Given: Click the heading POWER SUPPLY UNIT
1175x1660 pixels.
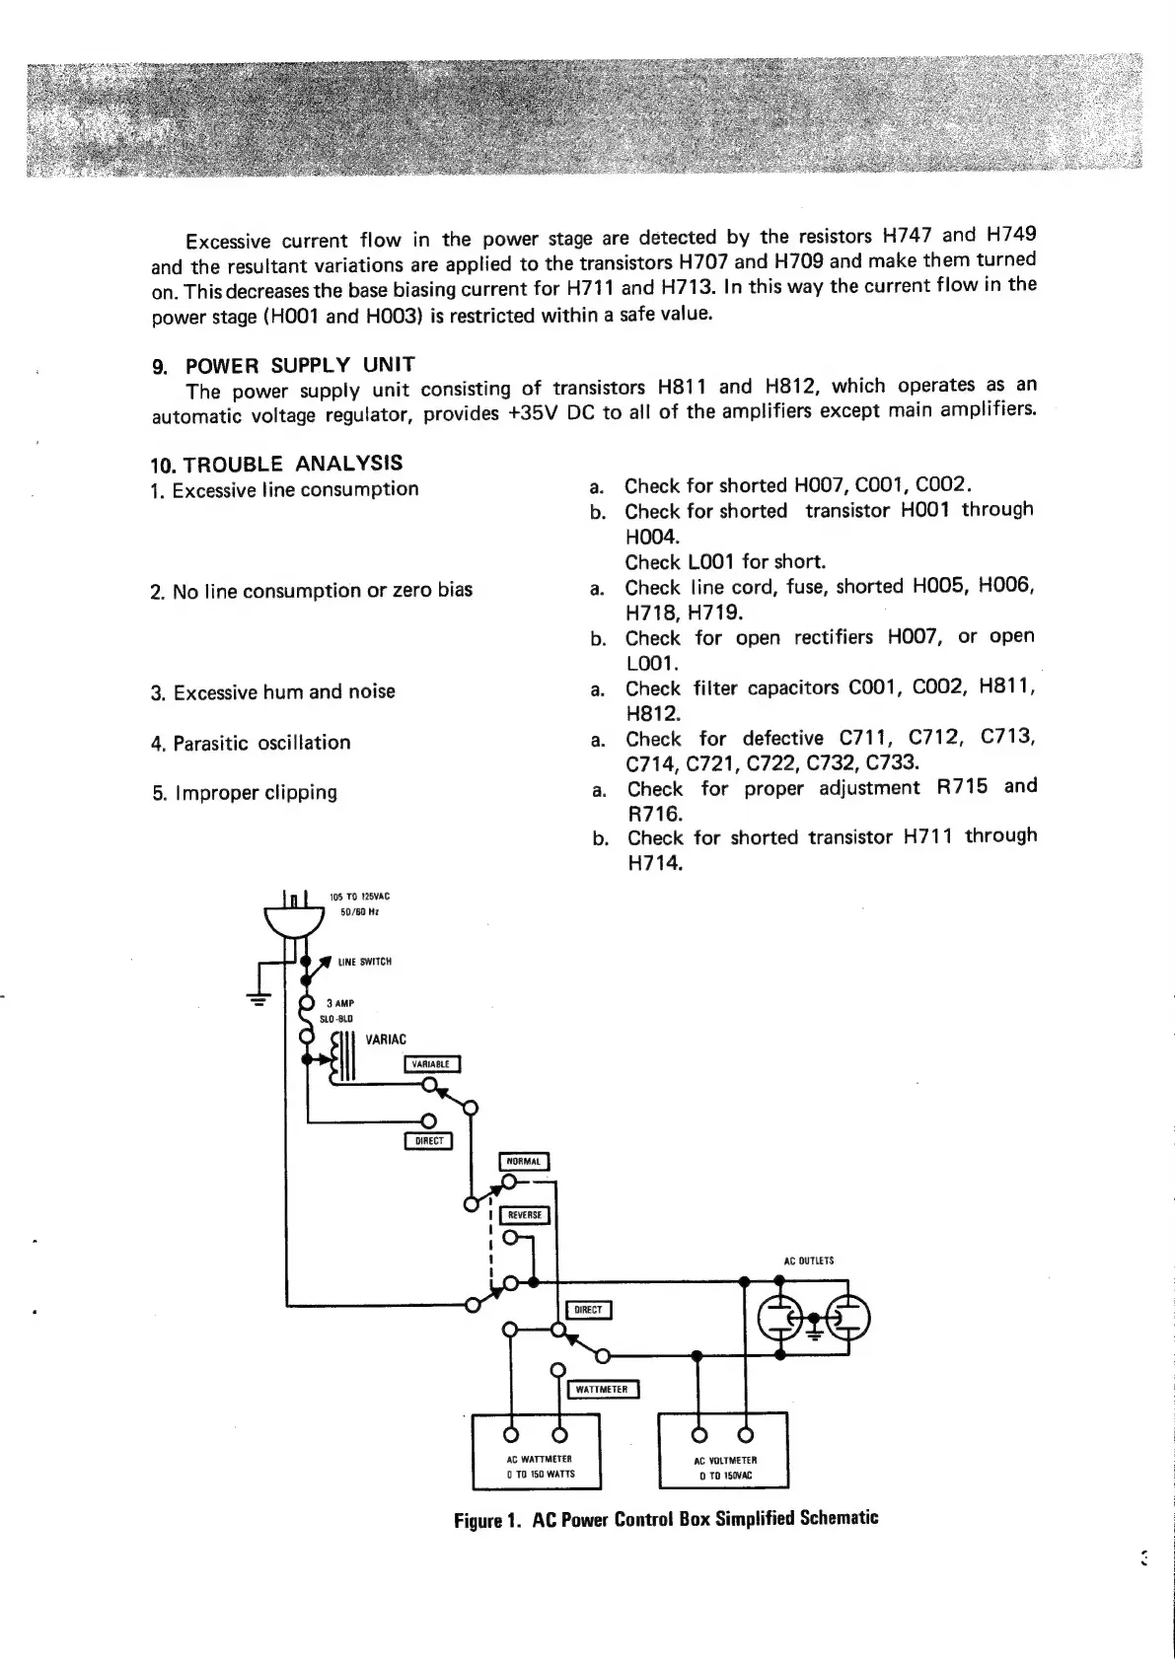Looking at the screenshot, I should point(300,365).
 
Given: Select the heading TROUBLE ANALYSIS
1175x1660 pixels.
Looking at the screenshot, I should point(292,464).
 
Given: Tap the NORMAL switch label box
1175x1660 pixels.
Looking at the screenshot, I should point(524,1161).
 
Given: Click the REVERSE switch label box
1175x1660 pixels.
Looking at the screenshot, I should point(524,1215).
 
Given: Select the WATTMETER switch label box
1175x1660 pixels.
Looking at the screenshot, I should point(602,1390).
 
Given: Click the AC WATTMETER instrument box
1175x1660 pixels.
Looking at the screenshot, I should point(538,1451).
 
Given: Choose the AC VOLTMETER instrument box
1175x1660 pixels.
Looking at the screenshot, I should point(723,1451).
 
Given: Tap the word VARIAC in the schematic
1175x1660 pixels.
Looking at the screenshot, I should point(386,1040).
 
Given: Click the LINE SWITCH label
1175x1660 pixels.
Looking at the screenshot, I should point(365,962).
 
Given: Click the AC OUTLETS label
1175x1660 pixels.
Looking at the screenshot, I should point(809,1261).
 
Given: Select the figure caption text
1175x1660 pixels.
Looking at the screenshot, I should point(666,1519).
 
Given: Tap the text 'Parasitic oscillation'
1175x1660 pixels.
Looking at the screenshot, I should point(261,743).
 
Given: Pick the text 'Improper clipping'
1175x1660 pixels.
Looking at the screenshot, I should point(255,793).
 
